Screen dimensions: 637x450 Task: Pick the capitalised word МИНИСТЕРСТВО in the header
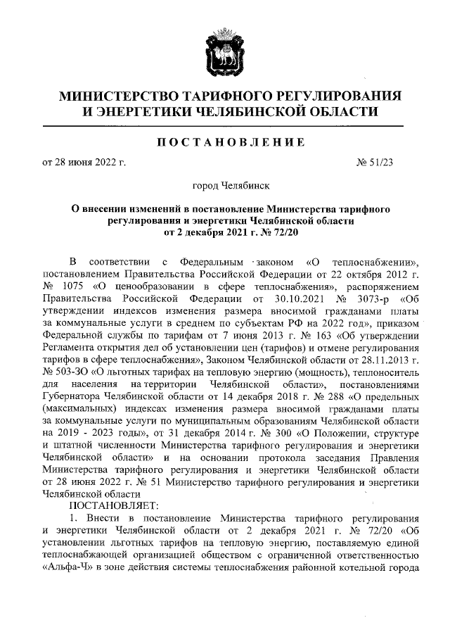(117, 96)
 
